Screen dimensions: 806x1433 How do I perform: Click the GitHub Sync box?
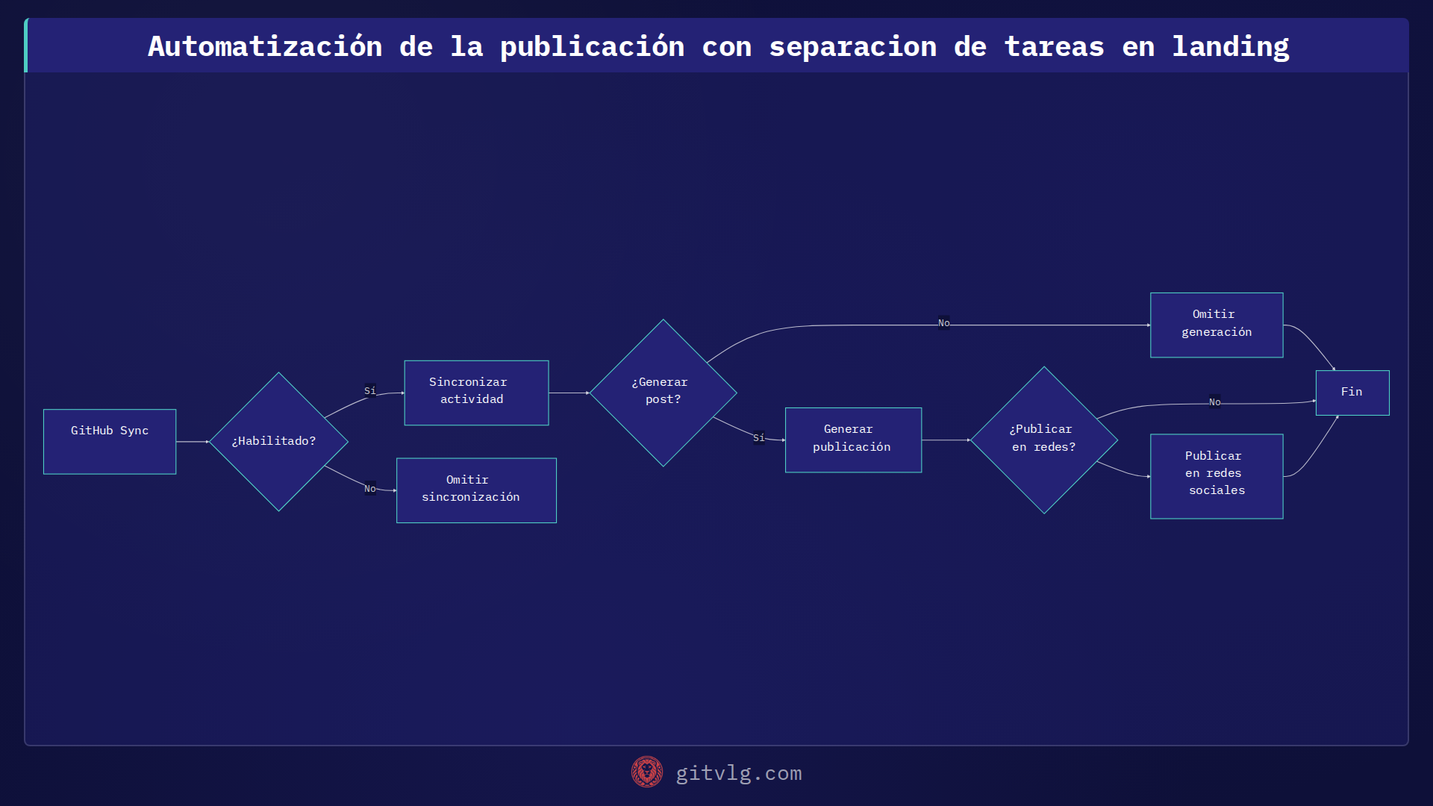point(110,441)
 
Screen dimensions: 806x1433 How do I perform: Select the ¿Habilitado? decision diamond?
point(278,442)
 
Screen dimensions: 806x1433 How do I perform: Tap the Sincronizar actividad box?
point(476,393)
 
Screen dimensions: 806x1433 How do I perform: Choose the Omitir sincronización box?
point(476,490)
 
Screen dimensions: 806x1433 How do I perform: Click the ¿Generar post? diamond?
point(663,393)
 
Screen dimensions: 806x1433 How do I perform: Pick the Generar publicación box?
point(853,440)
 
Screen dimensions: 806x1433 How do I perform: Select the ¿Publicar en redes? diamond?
point(1043,440)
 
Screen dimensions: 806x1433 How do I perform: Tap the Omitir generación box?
point(1217,325)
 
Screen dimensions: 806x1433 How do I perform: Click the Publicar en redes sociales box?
point(1217,476)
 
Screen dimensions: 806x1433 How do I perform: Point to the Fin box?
point(1352,393)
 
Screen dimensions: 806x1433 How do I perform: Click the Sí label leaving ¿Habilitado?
point(370,391)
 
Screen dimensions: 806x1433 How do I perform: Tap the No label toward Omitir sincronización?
point(370,489)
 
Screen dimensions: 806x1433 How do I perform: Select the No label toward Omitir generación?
point(943,323)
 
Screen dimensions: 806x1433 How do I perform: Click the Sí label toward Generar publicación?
point(759,438)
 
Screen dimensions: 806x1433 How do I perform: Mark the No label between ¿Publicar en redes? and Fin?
point(1214,402)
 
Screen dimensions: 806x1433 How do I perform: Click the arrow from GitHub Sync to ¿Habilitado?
point(193,442)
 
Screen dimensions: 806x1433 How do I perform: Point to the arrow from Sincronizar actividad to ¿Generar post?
point(569,393)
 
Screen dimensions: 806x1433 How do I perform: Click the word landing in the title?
point(1230,46)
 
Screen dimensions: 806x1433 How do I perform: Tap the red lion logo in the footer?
point(646,772)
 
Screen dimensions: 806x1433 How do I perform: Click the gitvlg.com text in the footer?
point(738,773)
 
